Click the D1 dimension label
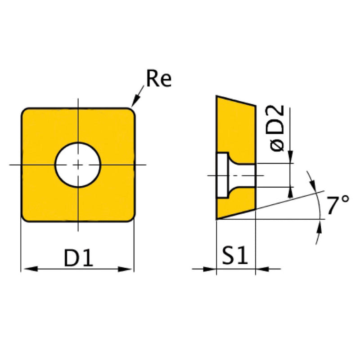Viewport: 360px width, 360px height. coord(78,258)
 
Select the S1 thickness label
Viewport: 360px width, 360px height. coord(235,257)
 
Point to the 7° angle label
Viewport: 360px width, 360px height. coord(338,206)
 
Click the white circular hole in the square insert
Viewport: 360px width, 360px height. coord(78,165)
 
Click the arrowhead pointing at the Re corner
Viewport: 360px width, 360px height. coord(133,103)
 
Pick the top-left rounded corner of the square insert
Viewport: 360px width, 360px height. coord(25,111)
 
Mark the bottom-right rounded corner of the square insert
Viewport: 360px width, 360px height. coord(131,218)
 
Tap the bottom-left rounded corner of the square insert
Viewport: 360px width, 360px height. coord(25,218)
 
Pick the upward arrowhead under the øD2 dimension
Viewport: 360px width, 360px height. coord(290,193)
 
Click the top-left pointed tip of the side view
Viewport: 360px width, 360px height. coord(217,96)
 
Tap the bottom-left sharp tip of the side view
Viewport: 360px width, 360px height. coord(217,219)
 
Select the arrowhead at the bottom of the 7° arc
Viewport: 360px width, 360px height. coord(320,226)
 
